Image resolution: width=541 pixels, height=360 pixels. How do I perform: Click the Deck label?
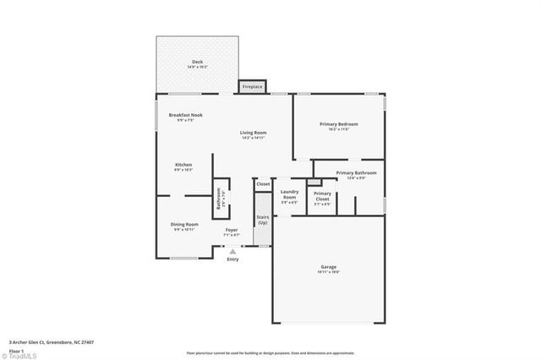pos(197,62)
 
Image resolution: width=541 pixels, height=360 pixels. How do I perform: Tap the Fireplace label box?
pos(253,87)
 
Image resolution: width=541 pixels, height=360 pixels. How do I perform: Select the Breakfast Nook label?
pos(185,115)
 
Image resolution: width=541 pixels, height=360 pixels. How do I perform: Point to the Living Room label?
pos(254,133)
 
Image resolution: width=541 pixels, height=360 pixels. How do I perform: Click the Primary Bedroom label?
pos(338,124)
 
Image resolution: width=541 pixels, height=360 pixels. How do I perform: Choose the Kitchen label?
pos(183,165)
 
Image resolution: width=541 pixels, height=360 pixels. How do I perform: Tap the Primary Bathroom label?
pos(356,173)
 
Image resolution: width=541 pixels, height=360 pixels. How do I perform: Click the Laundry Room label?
pos(289,194)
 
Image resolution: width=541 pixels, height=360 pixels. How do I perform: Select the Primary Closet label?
pos(323,196)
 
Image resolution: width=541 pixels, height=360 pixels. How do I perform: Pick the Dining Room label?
pos(184,225)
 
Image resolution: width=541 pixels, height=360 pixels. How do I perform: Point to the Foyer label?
pos(232,230)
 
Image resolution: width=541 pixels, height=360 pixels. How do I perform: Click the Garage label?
pos(328,267)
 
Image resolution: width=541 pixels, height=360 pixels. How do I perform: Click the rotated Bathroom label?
pos(219,199)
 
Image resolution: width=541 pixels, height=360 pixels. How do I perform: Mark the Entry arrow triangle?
pos(232,250)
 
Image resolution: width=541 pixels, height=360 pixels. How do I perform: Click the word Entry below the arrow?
pos(232,259)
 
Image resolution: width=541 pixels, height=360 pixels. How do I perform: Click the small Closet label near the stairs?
pos(263,183)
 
